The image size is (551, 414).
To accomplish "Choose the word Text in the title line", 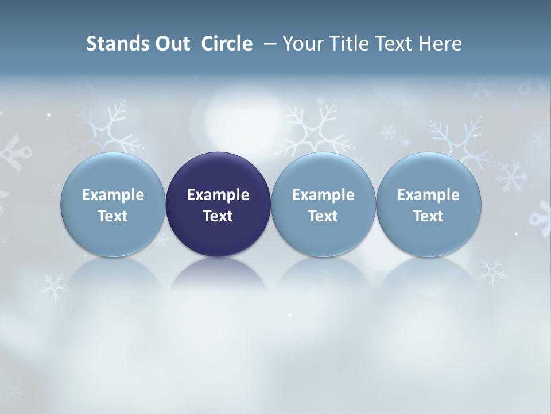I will (x=393, y=44).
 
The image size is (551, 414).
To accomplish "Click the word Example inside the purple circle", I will (x=218, y=195).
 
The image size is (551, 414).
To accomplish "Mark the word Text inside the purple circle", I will (x=218, y=216).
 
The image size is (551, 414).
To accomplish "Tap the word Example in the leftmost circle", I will (x=112, y=195).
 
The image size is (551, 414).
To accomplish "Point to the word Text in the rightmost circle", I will (x=429, y=216).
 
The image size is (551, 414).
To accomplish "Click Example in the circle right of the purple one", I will (x=323, y=195).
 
